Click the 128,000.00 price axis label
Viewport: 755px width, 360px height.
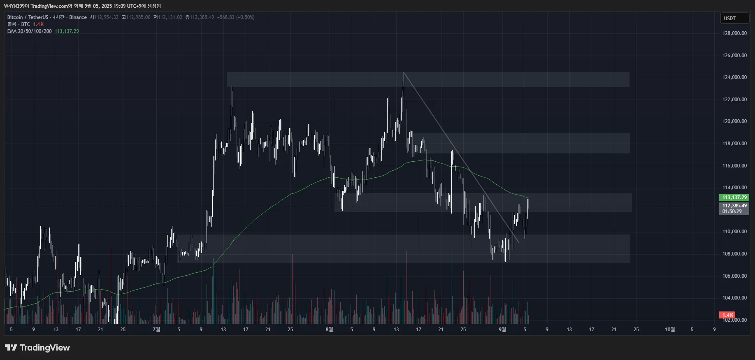point(734,33)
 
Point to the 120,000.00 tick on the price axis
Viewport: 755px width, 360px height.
point(734,121)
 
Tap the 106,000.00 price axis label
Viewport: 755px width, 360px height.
point(734,276)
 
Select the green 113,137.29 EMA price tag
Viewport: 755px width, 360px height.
point(734,197)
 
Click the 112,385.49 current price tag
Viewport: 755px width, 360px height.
point(734,206)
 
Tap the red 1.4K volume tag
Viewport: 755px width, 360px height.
point(727,315)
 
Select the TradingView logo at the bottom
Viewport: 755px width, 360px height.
point(37,348)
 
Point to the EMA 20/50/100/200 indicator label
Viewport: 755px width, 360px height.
point(30,31)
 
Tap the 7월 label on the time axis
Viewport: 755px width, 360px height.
point(156,330)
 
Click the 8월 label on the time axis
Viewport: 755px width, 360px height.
point(329,330)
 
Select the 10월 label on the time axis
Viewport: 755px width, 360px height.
point(670,330)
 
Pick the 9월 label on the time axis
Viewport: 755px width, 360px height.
point(502,330)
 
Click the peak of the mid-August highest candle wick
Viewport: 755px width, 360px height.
point(404,73)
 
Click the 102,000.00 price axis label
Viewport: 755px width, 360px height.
point(734,320)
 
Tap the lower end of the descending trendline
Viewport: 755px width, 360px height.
point(519,243)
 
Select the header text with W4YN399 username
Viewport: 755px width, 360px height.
point(82,6)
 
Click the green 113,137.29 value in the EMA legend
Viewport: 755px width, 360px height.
point(67,31)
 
